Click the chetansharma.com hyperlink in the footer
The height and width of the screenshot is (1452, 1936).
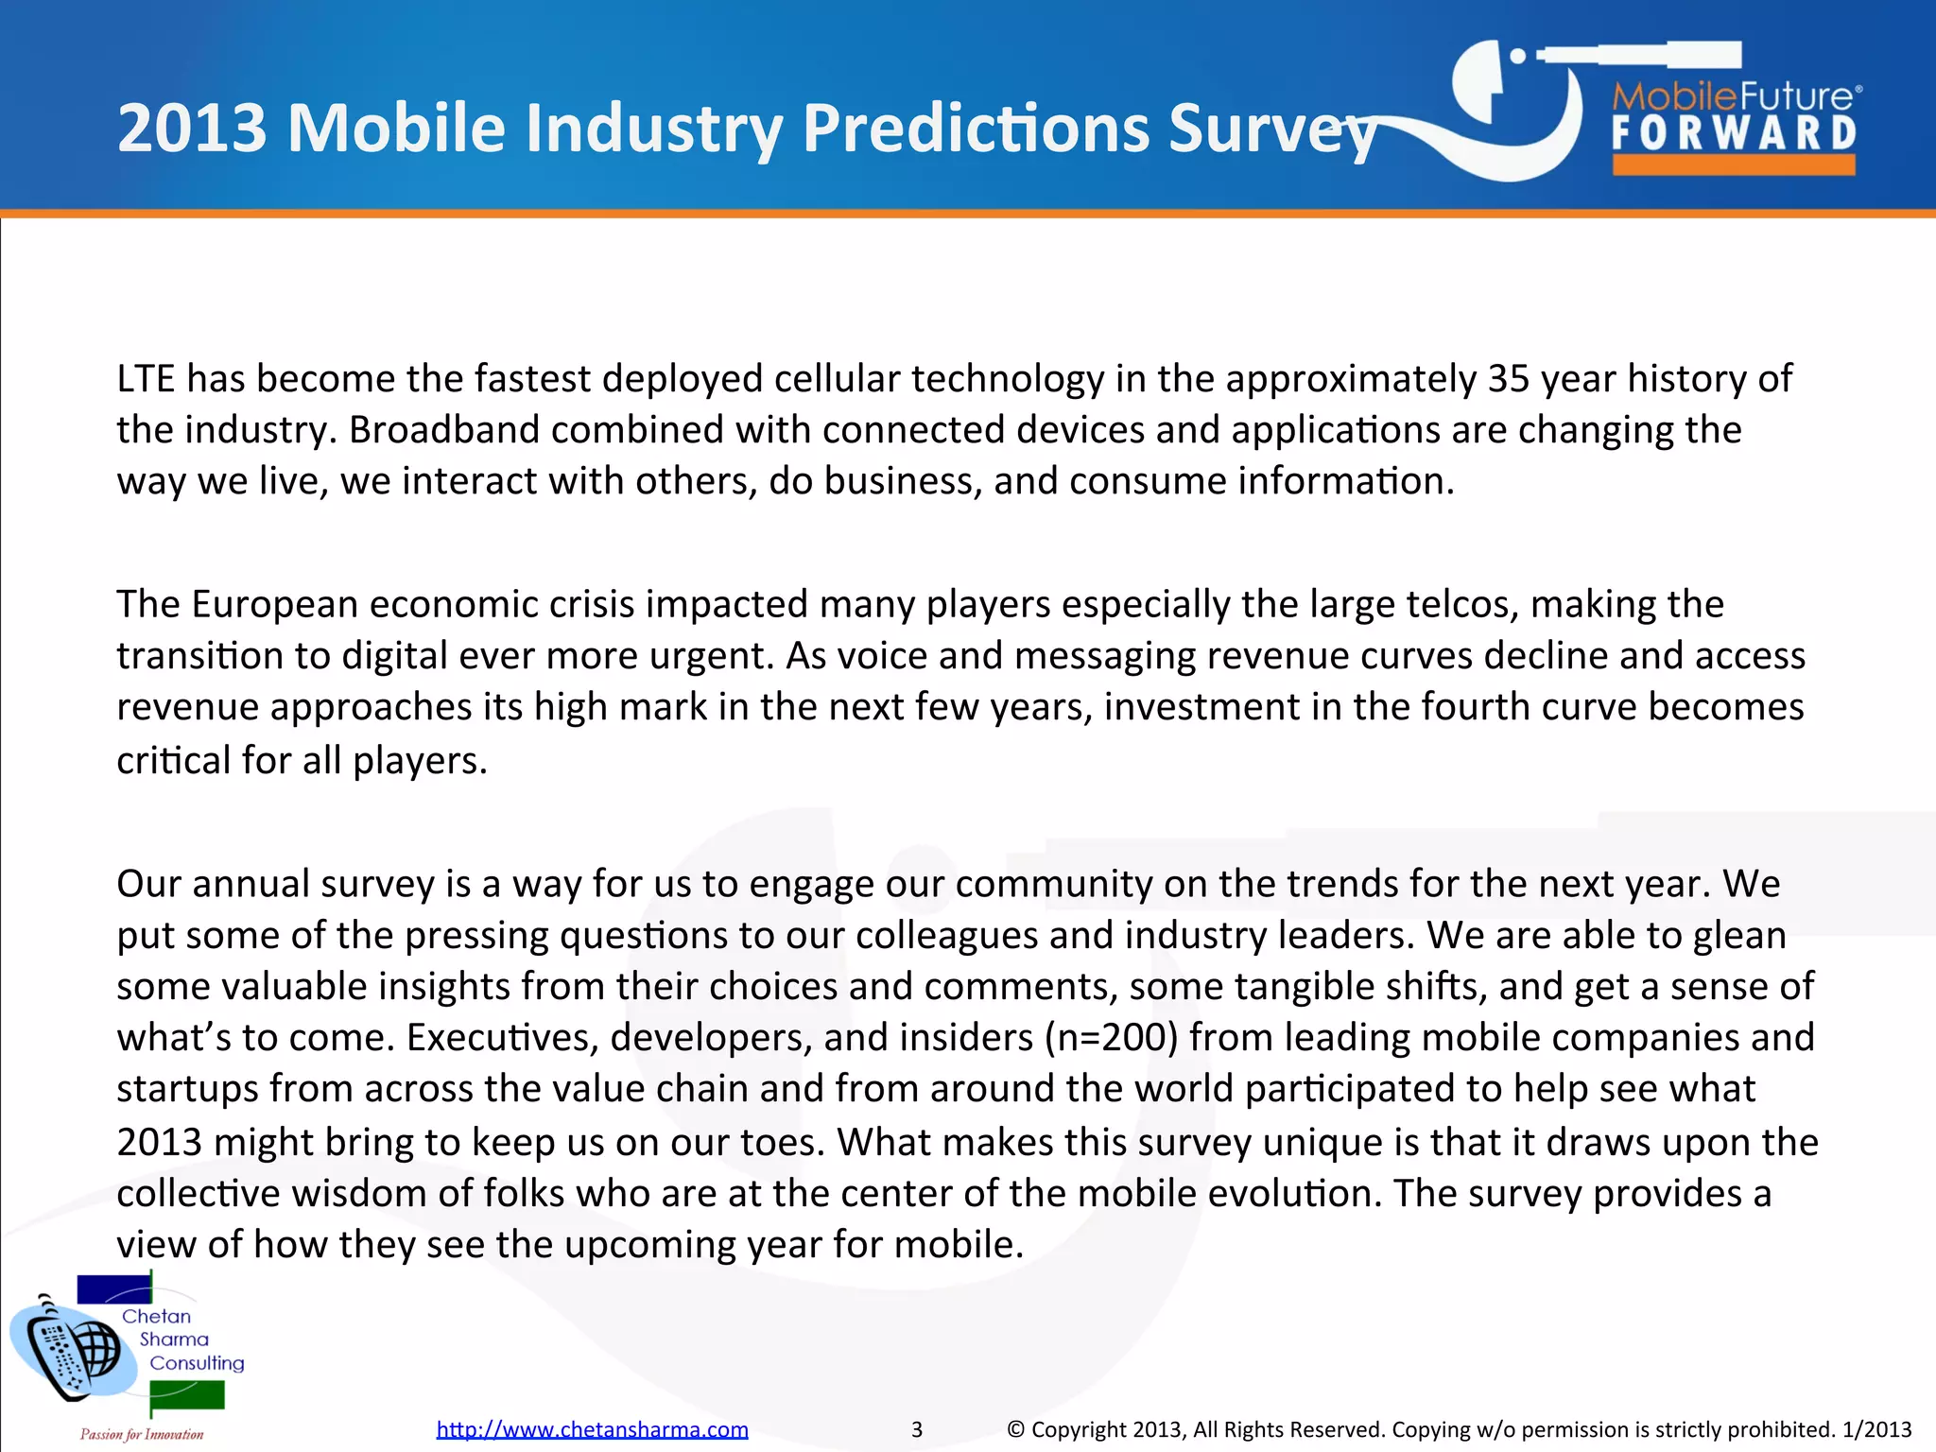click(x=592, y=1429)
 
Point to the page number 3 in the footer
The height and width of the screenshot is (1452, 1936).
click(x=916, y=1429)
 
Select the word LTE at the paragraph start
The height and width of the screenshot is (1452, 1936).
click(x=146, y=379)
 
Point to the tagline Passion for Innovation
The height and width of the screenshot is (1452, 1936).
click(x=142, y=1434)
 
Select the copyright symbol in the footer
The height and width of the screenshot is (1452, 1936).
click(x=1015, y=1429)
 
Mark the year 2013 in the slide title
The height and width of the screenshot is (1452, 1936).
click(x=193, y=129)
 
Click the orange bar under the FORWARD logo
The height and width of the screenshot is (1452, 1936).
click(x=1734, y=164)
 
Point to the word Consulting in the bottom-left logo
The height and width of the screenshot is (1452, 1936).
click(x=197, y=1363)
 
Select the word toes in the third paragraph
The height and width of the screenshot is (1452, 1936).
click(x=782, y=1142)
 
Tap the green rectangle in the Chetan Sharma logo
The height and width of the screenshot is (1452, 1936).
click(x=187, y=1395)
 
